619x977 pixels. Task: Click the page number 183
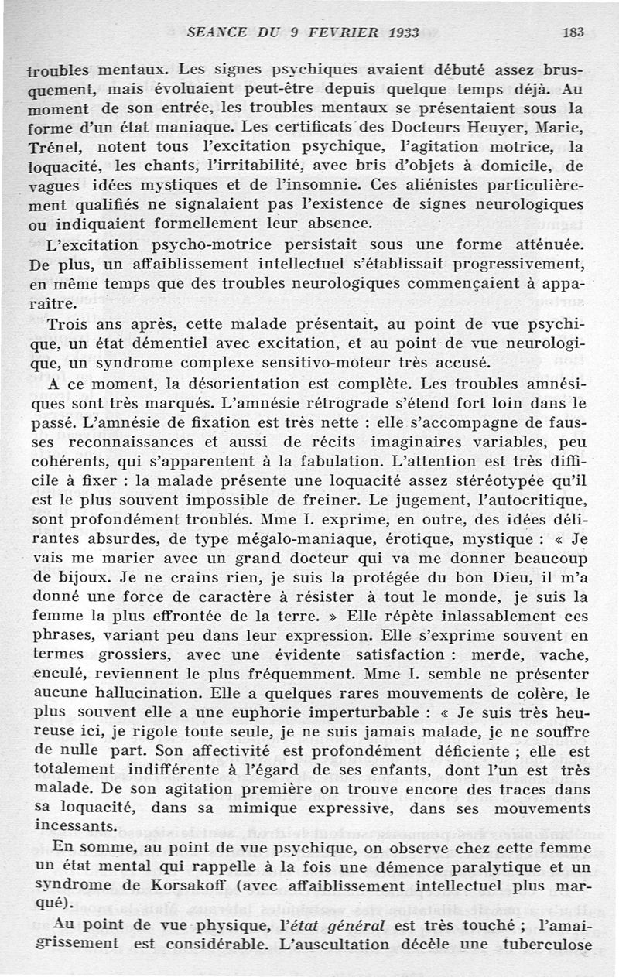pos(573,32)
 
